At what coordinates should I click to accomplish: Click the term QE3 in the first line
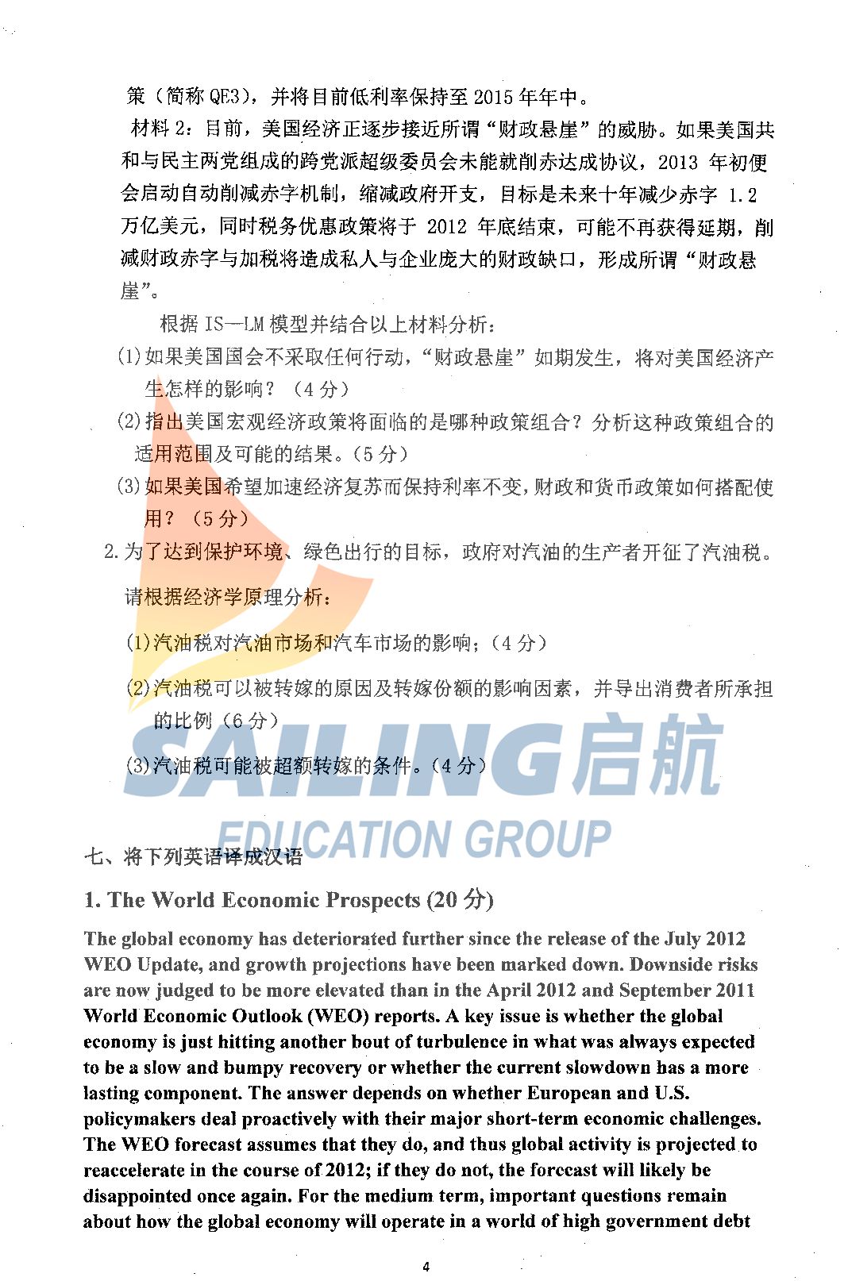(224, 97)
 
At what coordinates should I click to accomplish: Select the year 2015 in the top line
(493, 97)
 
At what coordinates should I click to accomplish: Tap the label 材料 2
(160, 129)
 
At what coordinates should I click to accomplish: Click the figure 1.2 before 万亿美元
(742, 194)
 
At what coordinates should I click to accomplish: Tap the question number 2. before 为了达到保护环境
(112, 552)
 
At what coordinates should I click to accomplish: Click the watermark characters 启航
(648, 754)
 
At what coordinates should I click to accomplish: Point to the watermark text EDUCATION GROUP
(413, 839)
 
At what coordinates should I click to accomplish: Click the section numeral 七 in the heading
(94, 857)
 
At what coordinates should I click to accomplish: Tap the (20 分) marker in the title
(460, 900)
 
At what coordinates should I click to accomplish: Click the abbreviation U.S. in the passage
(672, 1093)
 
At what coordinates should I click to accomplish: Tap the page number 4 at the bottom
(426, 1267)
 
